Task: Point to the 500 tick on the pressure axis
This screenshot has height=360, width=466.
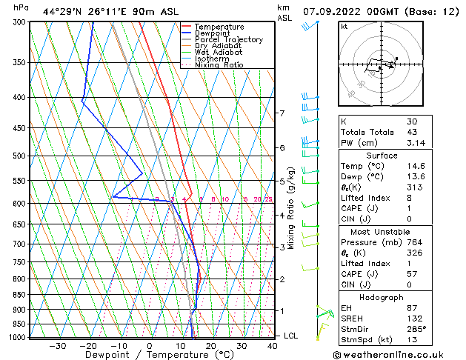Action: tap(19, 156)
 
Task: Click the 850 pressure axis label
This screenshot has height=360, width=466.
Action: tap(19, 295)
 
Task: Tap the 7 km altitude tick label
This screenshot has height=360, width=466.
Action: tap(282, 113)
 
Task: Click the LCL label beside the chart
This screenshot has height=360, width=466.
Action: tap(292, 336)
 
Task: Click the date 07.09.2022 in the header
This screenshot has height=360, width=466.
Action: tap(336, 12)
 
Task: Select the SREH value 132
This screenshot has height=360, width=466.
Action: tap(413, 319)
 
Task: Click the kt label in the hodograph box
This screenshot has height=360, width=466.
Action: tap(344, 26)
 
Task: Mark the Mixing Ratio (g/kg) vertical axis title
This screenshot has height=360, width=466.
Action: tap(292, 207)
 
